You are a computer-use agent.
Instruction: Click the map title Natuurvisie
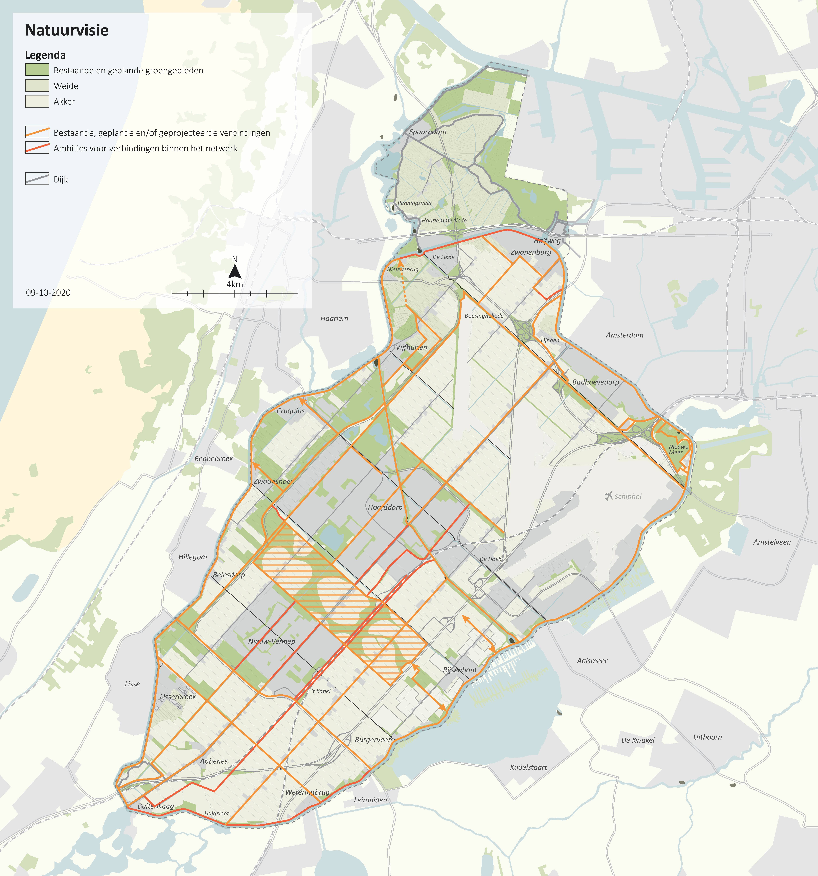(x=67, y=30)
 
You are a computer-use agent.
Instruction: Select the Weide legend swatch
(x=37, y=85)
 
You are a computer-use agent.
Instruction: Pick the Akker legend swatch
(x=37, y=101)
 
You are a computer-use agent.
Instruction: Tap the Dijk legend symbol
(x=37, y=179)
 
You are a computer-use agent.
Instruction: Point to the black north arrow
(x=235, y=271)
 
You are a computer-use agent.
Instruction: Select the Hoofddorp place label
(x=385, y=507)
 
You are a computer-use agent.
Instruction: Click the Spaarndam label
(x=427, y=132)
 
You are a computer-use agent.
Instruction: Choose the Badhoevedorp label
(x=596, y=382)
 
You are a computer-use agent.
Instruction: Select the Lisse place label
(x=132, y=684)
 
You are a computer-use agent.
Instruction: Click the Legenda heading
(x=45, y=55)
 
